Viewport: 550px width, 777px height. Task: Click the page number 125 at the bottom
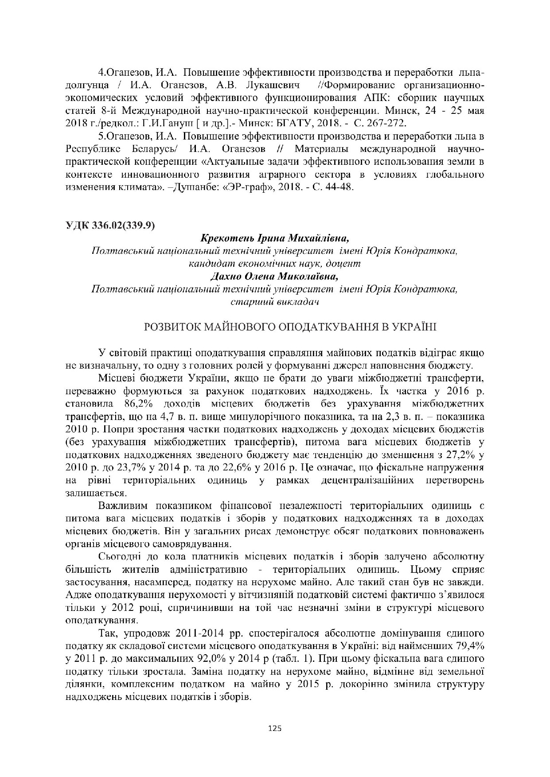pos(275,728)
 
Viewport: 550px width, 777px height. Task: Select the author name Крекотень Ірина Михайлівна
pos(275,238)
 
